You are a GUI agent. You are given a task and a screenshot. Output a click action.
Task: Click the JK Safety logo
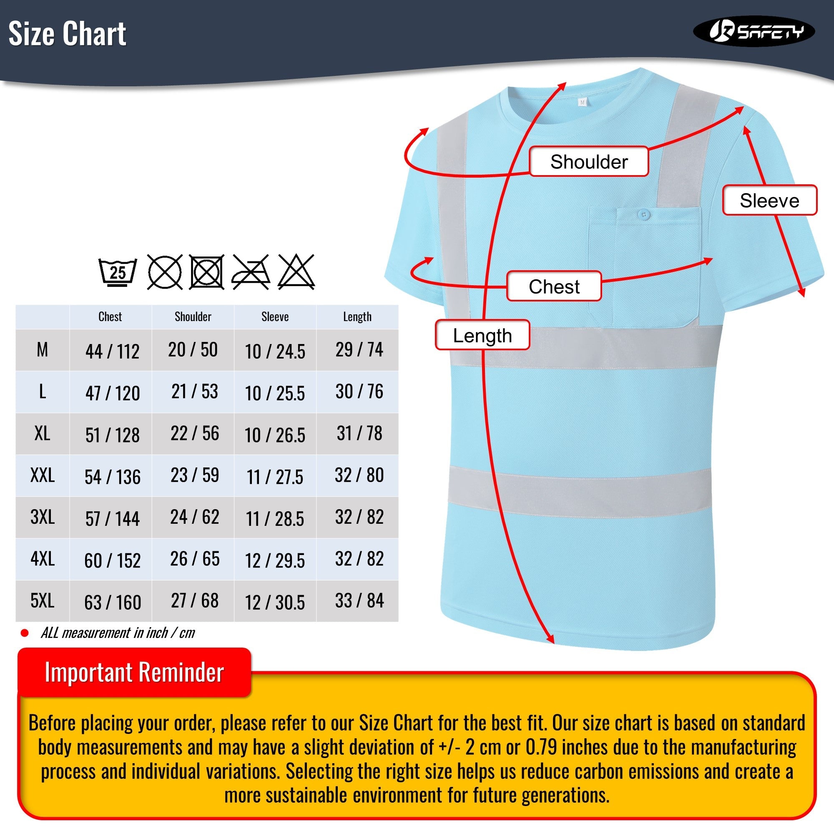754,31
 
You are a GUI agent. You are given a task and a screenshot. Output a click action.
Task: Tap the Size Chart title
67,34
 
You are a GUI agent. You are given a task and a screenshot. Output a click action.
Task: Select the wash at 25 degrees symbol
118,272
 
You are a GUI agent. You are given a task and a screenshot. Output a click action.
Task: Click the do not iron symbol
251,272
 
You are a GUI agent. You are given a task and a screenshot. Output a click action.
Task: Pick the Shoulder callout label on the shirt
589,162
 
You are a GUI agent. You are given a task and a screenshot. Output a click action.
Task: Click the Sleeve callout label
769,201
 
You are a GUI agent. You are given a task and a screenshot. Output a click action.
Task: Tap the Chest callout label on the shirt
554,286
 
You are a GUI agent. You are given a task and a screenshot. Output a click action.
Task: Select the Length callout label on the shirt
482,335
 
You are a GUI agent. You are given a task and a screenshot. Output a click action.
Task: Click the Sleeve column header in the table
275,317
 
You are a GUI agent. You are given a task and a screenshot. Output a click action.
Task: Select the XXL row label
42,475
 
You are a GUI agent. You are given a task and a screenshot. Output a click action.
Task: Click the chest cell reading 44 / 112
112,352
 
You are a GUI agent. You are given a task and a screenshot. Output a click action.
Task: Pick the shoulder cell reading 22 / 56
195,433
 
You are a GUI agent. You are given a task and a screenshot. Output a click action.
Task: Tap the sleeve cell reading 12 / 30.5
275,602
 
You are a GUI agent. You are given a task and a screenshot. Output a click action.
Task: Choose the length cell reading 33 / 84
359,600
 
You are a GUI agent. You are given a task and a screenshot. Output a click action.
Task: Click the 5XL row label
42,600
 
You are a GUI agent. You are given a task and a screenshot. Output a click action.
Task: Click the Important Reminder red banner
134,673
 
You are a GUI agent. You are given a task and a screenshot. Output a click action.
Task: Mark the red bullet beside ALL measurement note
25,633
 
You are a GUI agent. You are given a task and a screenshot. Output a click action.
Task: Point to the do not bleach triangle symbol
296,272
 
